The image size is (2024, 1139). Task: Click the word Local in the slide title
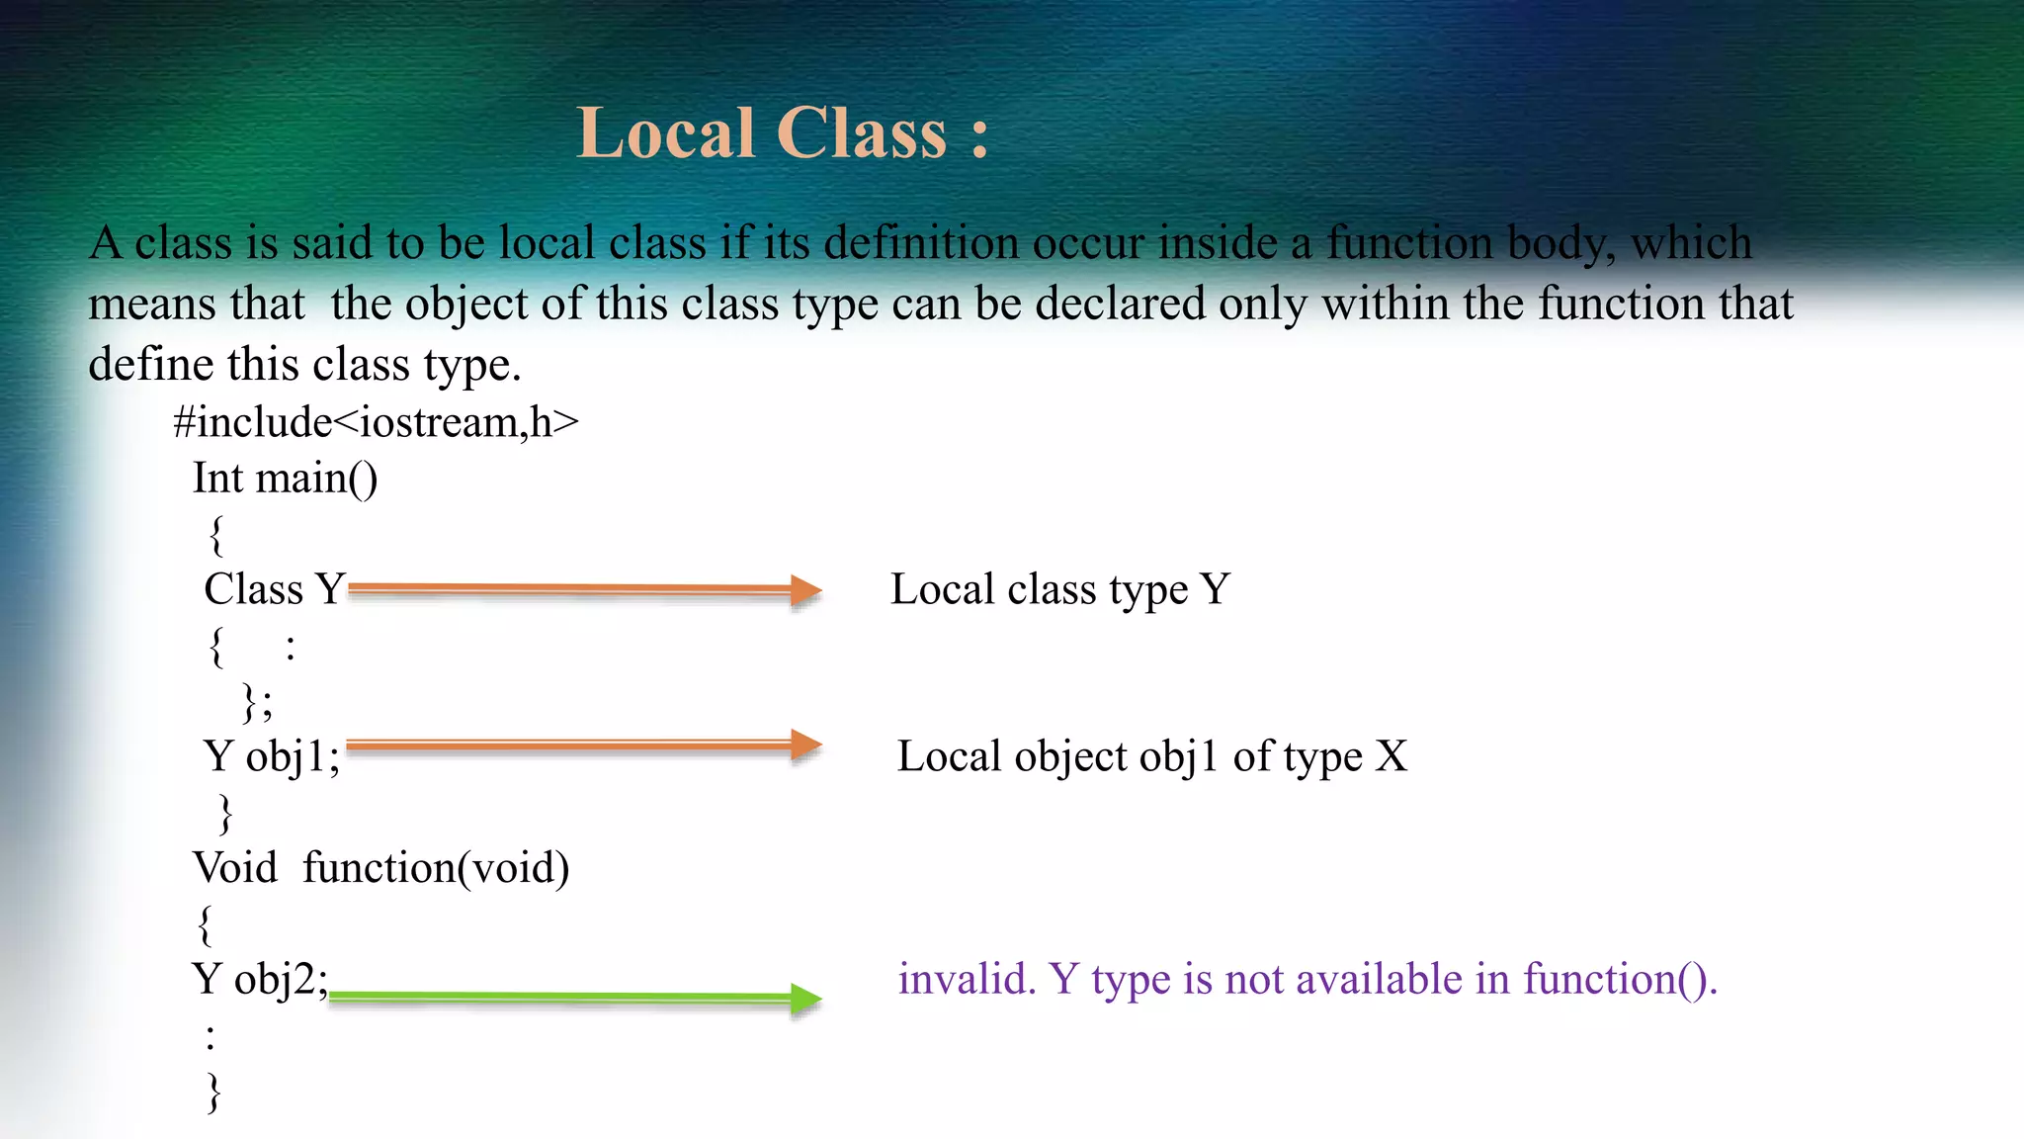(666, 133)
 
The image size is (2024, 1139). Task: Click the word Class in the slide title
(862, 133)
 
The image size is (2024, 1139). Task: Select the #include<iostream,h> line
(376, 422)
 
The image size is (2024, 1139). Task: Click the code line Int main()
(285, 479)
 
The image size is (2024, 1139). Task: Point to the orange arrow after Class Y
(583, 589)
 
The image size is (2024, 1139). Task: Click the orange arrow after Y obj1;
(583, 745)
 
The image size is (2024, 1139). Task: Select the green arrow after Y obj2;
(573, 998)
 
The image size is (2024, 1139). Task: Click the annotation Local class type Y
(1059, 590)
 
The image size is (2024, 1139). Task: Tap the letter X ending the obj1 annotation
(1391, 757)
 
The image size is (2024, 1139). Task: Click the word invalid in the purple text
(966, 980)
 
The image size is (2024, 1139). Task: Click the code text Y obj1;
(272, 757)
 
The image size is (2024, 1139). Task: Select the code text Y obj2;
(260, 980)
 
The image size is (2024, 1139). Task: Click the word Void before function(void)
(235, 868)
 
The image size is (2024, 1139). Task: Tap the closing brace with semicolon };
(257, 703)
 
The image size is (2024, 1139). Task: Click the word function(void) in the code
(436, 868)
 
